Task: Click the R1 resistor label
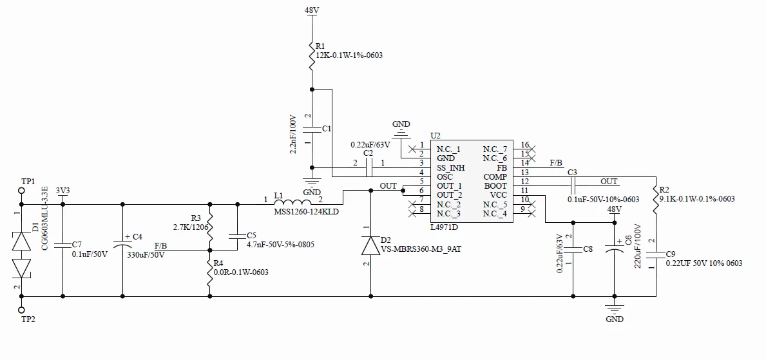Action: pyautogui.click(x=320, y=46)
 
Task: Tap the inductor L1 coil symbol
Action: pyautogui.click(x=292, y=201)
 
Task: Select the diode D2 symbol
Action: pyautogui.click(x=370, y=246)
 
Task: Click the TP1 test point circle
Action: pyautogui.click(x=21, y=189)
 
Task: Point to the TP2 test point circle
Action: pyautogui.click(x=21, y=310)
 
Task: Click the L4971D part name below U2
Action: pyautogui.click(x=444, y=227)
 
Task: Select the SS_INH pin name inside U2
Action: pyautogui.click(x=452, y=167)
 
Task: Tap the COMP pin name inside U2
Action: pyautogui.click(x=495, y=177)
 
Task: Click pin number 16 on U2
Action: pyautogui.click(x=524, y=145)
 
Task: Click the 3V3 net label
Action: pyautogui.click(x=62, y=191)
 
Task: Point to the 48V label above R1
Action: pyautogui.click(x=312, y=10)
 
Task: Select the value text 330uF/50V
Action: pyautogui.click(x=146, y=254)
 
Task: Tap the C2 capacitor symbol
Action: pyautogui.click(x=369, y=167)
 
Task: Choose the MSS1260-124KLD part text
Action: pyautogui.click(x=306, y=212)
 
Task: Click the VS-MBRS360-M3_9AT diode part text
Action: pyautogui.click(x=421, y=249)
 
